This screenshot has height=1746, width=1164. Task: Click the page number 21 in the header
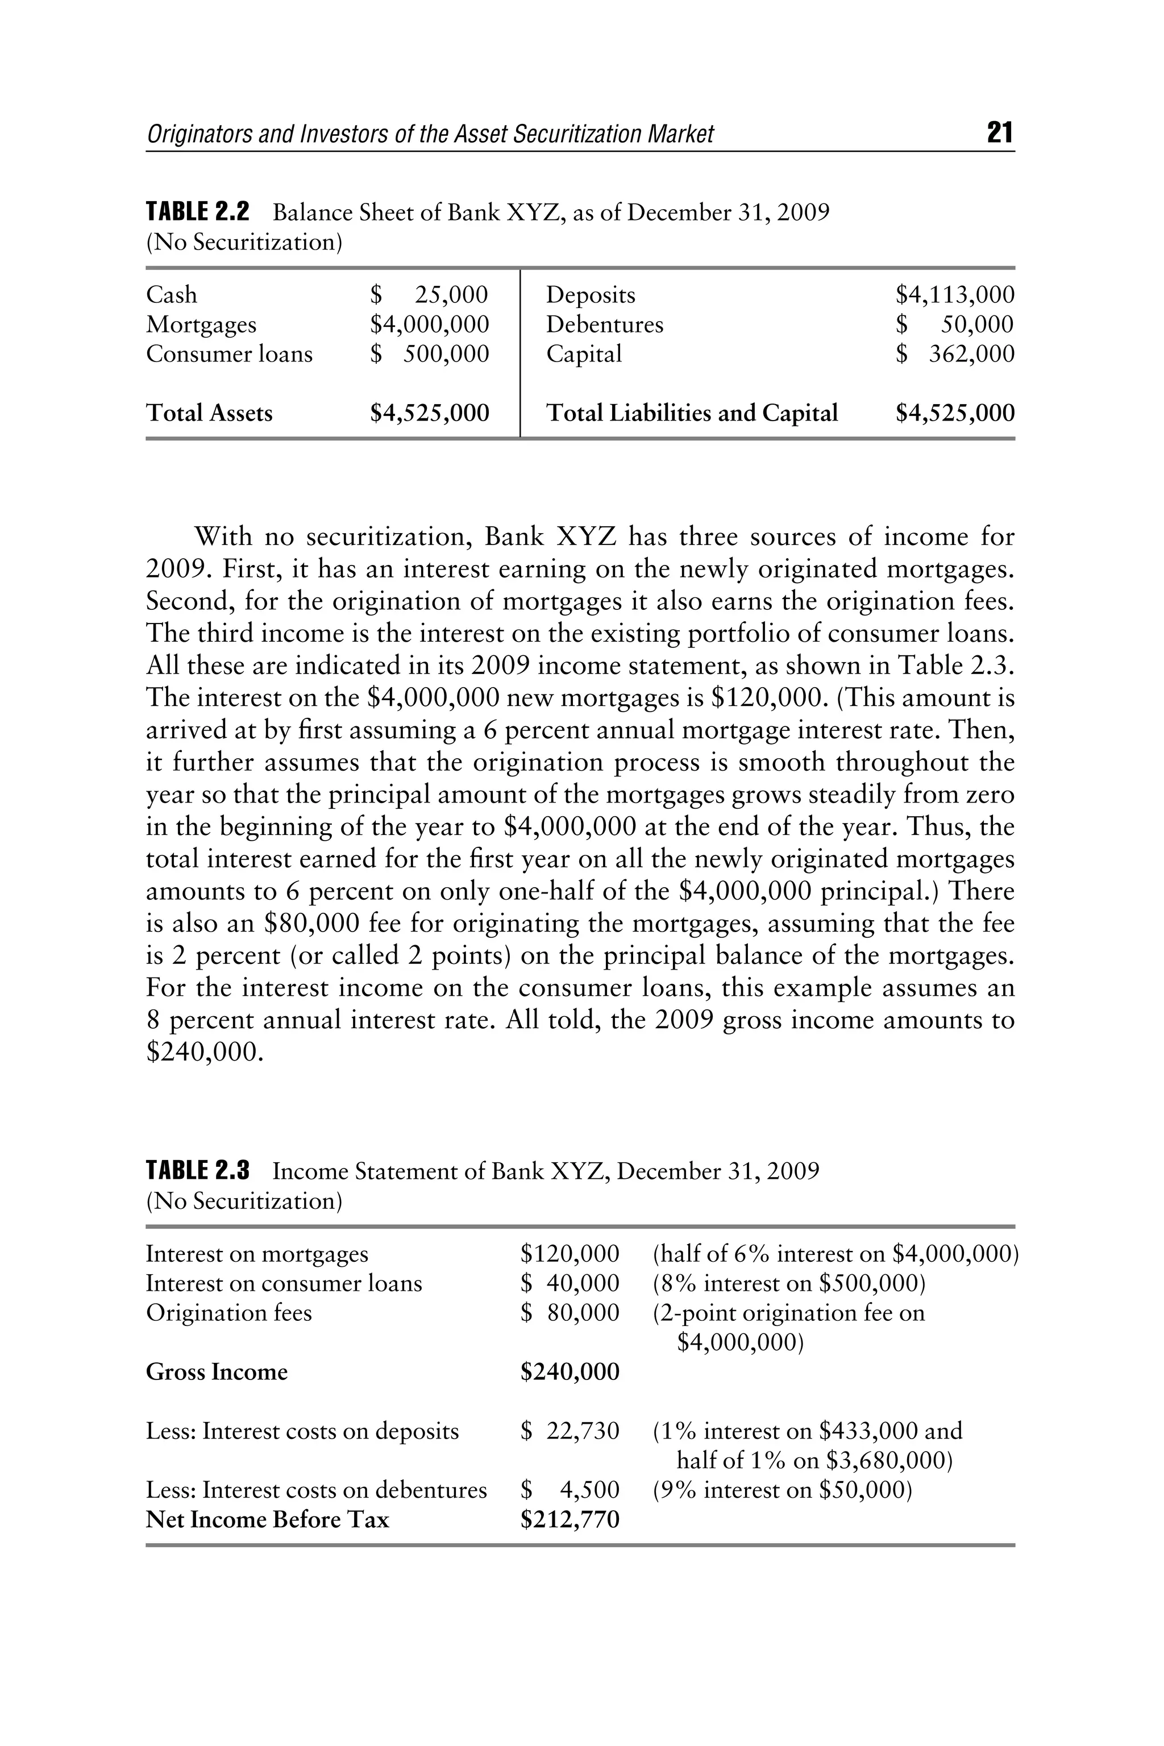tap(999, 133)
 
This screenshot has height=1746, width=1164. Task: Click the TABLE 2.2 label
tap(197, 213)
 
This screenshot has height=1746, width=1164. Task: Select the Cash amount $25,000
tap(429, 295)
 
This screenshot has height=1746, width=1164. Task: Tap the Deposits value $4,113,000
tap(955, 295)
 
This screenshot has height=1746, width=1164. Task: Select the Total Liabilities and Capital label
tap(692, 413)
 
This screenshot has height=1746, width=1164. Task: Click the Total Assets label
tap(209, 413)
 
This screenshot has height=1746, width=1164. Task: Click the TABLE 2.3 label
tap(197, 1171)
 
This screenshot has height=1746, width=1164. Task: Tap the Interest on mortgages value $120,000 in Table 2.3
tap(569, 1254)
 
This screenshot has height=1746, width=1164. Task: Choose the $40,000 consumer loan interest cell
tap(569, 1283)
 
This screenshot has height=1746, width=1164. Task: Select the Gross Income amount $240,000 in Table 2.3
tap(569, 1372)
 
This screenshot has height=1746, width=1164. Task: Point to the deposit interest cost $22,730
tap(569, 1431)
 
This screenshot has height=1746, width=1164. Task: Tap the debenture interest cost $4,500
tap(569, 1490)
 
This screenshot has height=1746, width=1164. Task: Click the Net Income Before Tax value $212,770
tap(569, 1520)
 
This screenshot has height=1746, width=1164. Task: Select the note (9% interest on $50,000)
tap(781, 1490)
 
